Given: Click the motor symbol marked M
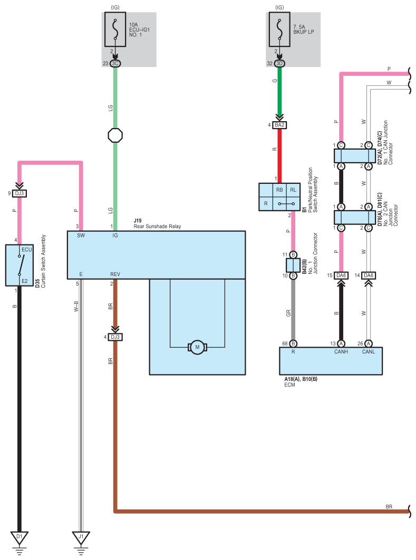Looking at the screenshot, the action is coord(197,347).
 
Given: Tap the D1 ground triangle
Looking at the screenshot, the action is coord(20,537).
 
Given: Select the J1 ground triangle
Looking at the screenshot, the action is coord(81,537).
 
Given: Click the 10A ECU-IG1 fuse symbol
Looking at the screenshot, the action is coord(115,30).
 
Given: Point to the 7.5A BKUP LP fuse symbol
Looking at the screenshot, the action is coord(279,30).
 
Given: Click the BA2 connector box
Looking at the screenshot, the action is coord(279,125).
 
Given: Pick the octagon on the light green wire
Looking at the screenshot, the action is coord(115,135).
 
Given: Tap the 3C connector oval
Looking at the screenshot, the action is coord(115,64).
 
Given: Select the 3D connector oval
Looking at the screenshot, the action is coord(279,64).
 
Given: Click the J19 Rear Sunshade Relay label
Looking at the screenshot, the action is coord(157,223).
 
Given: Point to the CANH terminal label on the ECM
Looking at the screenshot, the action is coord(341,352).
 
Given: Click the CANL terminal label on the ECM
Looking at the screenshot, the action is coord(369,352).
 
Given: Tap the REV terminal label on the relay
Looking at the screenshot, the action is coord(115,274).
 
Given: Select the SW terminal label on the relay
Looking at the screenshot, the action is coord(81,235).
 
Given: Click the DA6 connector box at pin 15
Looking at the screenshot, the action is coord(341,276).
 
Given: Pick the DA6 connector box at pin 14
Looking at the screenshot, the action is coord(369,276).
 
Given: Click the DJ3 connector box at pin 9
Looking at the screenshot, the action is coord(20,193).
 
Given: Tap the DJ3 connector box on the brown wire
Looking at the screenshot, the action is coord(115,337).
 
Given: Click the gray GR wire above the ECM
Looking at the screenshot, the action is coord(293,310).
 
